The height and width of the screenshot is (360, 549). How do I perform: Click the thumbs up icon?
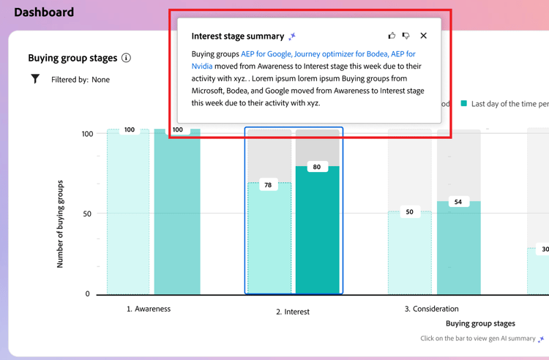pyautogui.click(x=392, y=36)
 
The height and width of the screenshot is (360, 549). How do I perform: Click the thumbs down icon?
pyautogui.click(x=406, y=36)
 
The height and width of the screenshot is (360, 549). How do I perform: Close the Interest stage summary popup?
pyautogui.click(x=423, y=36)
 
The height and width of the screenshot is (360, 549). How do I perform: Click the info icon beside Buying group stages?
pyautogui.click(x=126, y=58)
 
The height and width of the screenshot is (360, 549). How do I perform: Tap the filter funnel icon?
pyautogui.click(x=35, y=79)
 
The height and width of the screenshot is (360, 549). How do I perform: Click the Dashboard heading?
pyautogui.click(x=44, y=12)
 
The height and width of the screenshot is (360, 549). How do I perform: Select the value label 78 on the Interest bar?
pyautogui.click(x=268, y=185)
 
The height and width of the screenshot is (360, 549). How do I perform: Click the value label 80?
pyautogui.click(x=316, y=167)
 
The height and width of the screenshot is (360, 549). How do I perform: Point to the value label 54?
pyautogui.click(x=458, y=201)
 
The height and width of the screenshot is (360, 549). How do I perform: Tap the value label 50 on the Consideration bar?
pyautogui.click(x=409, y=212)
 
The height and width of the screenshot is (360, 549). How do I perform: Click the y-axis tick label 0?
pyautogui.click(x=87, y=294)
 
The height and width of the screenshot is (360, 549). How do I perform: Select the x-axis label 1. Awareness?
pyautogui.click(x=149, y=309)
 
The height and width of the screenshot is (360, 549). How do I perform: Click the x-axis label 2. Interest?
pyautogui.click(x=293, y=312)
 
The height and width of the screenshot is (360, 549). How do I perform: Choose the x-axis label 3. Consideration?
pyautogui.click(x=431, y=309)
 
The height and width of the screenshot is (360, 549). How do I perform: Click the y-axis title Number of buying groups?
pyautogui.click(x=60, y=224)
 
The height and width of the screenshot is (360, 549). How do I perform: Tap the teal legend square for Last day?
pyautogui.click(x=464, y=104)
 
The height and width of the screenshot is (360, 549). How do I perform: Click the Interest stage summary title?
pyautogui.click(x=237, y=36)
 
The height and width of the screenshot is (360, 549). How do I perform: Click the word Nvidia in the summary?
pyautogui.click(x=202, y=66)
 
